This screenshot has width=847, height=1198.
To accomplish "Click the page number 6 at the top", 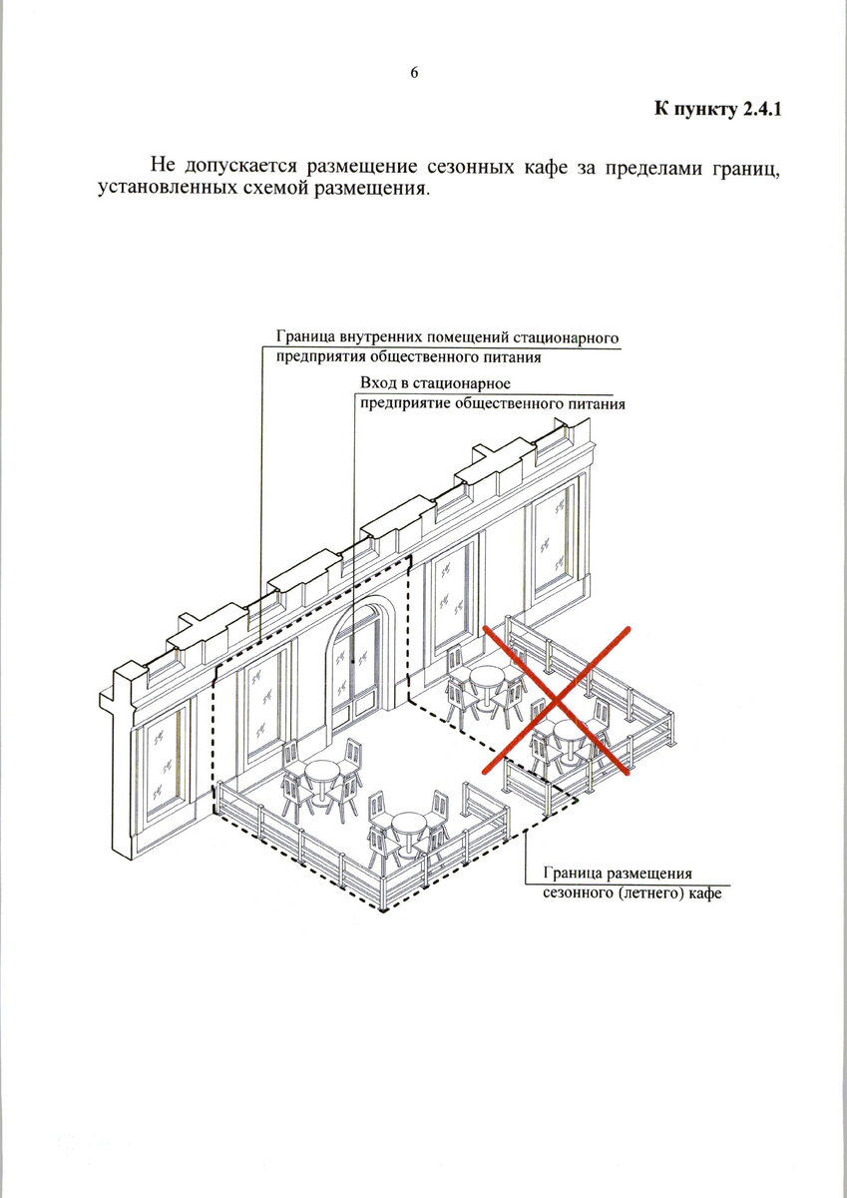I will pos(414,73).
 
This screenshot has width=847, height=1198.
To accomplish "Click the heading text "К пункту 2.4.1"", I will pos(716,109).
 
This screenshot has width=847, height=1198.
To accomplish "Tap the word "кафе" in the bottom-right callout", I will pos(703,893).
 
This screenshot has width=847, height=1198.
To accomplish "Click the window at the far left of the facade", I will pos(163,756).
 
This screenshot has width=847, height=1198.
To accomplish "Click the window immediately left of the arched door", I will pos(262,702).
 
